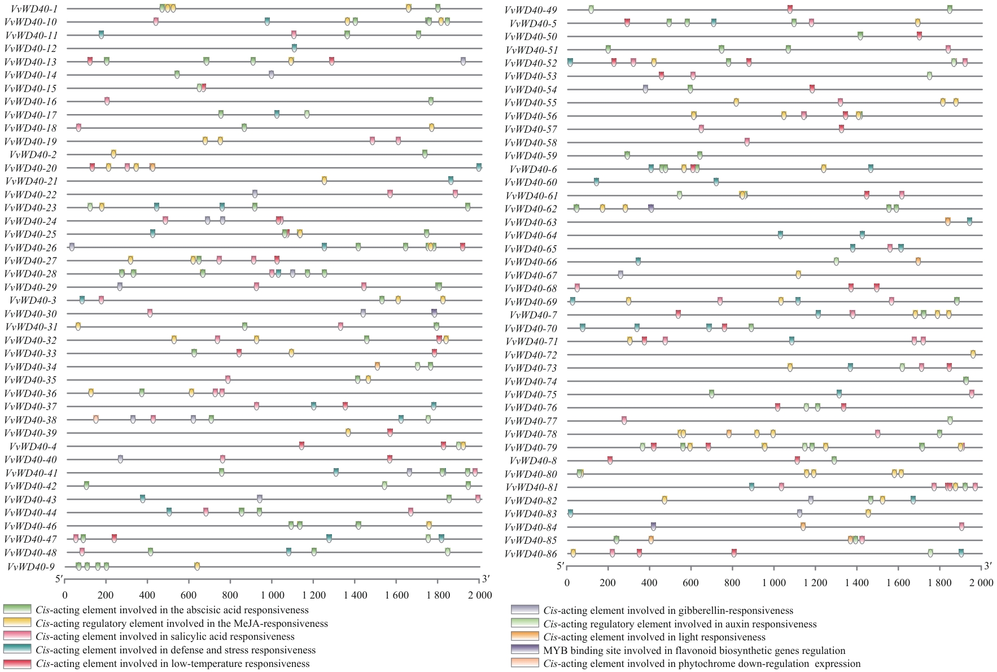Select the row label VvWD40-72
[531, 355]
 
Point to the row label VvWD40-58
[531, 143]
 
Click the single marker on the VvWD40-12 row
[294, 48]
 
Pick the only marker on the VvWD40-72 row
[973, 354]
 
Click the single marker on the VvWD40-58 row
[747, 142]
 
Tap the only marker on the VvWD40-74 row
[966, 381]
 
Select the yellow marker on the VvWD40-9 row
[197, 566]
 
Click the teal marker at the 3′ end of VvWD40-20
[479, 167]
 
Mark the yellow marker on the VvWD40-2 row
[113, 154]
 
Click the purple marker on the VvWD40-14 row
[272, 75]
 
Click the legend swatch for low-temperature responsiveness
[16, 664]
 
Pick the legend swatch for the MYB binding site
[524, 650]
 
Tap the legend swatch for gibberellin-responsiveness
[524, 610]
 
